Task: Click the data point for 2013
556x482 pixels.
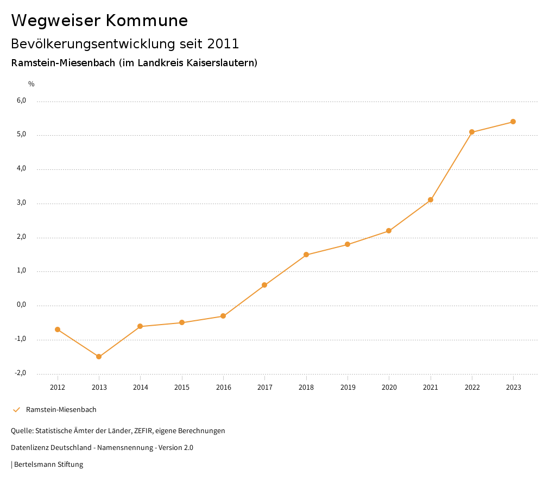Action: tap(99, 357)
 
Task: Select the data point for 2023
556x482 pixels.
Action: tap(513, 122)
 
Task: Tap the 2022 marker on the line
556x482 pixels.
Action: tap(472, 132)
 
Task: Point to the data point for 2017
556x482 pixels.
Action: tap(264, 285)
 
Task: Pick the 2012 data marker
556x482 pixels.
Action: tap(58, 329)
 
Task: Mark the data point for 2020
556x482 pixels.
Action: tap(389, 231)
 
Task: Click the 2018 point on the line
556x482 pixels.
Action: tap(306, 255)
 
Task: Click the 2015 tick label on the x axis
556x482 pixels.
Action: tap(182, 387)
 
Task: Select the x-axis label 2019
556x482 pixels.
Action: tap(347, 387)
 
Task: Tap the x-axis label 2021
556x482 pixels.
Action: tap(431, 387)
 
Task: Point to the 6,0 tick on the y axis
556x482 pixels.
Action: tap(21, 100)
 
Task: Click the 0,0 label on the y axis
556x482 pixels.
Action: tap(21, 305)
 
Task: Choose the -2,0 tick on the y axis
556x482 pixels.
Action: tap(20, 373)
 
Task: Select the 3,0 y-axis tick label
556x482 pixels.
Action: tap(21, 202)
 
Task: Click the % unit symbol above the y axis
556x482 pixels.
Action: tap(31, 84)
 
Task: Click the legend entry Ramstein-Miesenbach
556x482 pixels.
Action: tap(61, 410)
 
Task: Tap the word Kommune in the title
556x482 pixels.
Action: tap(147, 21)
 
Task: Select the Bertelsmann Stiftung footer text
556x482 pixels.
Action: tap(48, 465)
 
